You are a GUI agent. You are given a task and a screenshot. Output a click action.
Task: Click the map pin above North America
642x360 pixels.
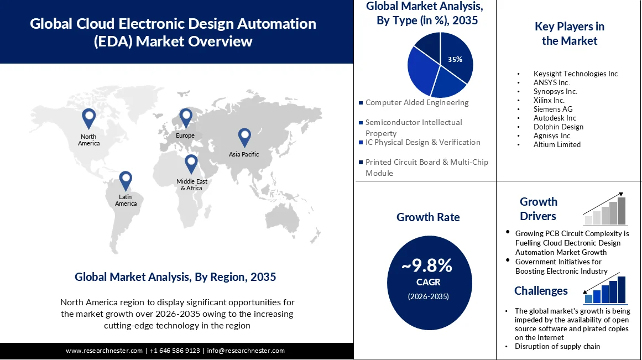click(88, 118)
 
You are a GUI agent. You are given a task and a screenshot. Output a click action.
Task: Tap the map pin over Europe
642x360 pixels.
click(185, 117)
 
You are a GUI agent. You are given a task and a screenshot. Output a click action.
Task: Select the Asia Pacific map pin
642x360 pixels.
click(244, 137)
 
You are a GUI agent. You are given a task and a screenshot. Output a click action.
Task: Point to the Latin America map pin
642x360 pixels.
click(126, 180)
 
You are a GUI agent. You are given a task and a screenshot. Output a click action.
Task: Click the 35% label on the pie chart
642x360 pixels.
click(455, 60)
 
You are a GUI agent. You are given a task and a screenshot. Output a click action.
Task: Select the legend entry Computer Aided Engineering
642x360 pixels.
click(416, 102)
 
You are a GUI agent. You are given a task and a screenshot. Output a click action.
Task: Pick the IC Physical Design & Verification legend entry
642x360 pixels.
click(422, 142)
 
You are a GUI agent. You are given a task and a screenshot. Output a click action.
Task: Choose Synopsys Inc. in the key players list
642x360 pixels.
click(555, 91)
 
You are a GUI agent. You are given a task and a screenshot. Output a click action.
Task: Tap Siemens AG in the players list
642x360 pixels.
click(553, 109)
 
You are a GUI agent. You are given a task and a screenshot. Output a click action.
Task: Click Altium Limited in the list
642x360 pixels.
click(557, 144)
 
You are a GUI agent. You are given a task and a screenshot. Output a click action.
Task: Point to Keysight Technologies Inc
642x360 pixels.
click(576, 74)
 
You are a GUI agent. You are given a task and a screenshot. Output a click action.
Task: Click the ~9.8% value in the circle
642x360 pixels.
click(427, 266)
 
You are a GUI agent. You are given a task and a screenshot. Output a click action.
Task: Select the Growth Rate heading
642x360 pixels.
click(428, 217)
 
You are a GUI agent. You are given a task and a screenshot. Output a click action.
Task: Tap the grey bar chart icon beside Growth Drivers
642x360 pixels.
click(606, 211)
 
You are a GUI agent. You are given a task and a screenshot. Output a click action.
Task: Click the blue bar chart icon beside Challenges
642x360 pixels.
click(606, 290)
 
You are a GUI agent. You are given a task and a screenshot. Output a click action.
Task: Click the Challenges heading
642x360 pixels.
click(541, 291)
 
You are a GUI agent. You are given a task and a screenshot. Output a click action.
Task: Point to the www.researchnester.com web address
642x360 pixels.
click(105, 351)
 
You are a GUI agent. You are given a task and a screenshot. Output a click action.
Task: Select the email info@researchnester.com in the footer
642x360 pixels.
click(246, 351)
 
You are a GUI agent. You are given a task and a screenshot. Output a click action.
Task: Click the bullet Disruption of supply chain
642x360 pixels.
click(557, 346)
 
